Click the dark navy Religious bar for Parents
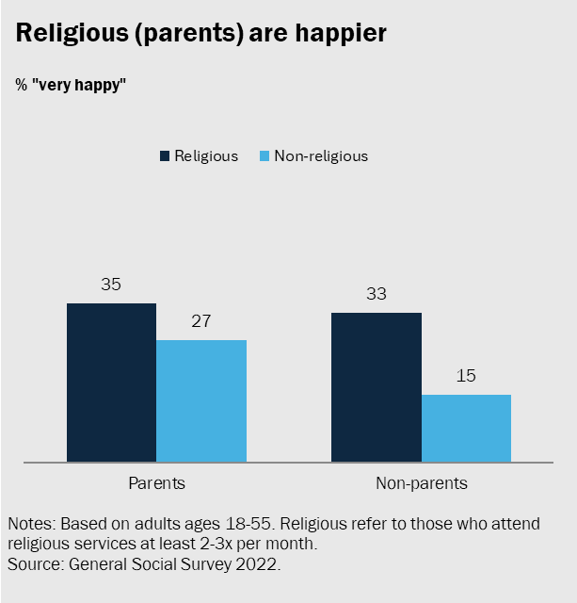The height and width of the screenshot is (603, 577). (111, 382)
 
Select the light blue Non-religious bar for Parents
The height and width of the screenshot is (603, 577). (201, 400)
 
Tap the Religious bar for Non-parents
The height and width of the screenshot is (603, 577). (377, 386)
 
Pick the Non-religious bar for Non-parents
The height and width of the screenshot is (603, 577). (466, 428)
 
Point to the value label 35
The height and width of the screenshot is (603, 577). (111, 285)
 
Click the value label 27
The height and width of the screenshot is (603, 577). (201, 321)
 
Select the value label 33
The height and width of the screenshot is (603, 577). (377, 294)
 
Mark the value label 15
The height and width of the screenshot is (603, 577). (466, 376)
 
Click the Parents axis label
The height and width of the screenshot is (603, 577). (156, 483)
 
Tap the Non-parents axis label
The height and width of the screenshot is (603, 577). (421, 483)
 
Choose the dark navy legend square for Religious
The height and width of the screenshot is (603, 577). (166, 156)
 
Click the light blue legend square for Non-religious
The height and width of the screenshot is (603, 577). (264, 156)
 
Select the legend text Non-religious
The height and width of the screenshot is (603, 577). (320, 156)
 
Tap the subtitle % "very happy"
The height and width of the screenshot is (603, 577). (71, 85)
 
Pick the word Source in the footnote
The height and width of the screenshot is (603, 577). (33, 564)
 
